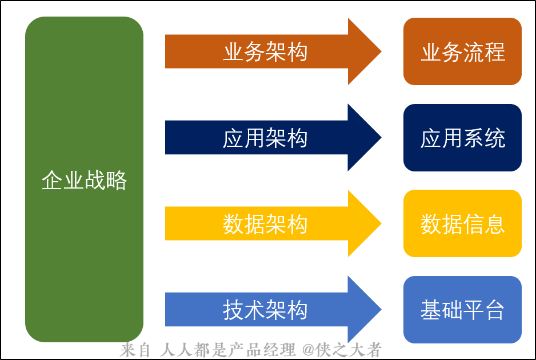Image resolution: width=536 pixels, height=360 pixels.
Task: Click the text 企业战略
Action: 84,181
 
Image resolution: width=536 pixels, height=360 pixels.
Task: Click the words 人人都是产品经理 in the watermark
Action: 230,350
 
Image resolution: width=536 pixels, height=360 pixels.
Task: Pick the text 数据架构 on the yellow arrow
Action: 265,224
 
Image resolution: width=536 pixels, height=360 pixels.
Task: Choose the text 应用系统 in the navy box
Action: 462,138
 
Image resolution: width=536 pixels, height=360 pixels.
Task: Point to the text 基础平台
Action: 462,310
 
